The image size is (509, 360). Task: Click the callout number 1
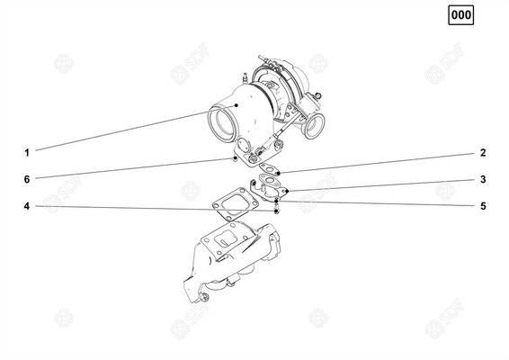(x=28, y=150)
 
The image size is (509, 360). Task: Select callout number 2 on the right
(x=482, y=152)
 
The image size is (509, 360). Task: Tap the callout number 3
(x=482, y=180)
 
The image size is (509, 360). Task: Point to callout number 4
(x=28, y=206)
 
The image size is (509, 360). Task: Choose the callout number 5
(x=482, y=206)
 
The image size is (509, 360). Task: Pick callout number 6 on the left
(x=28, y=178)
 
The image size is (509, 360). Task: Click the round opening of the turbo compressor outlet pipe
(x=223, y=122)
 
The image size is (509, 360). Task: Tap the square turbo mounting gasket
(x=234, y=206)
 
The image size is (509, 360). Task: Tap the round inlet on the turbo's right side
(x=314, y=128)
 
